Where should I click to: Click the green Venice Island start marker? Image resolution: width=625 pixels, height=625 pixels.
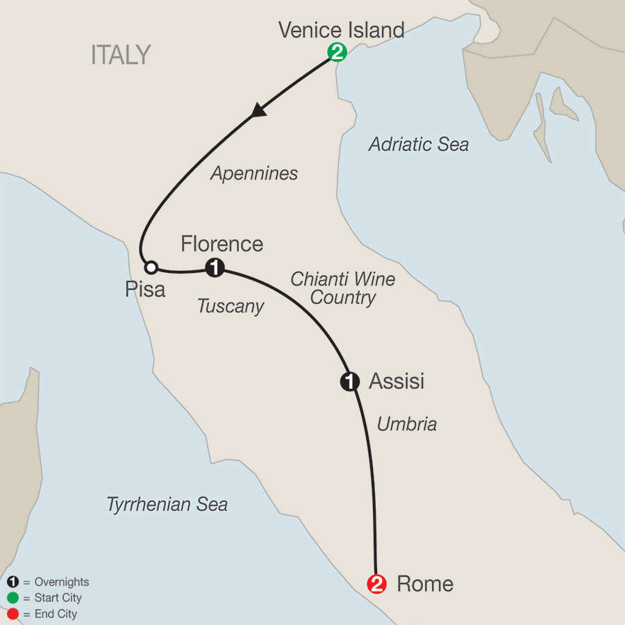point(337,51)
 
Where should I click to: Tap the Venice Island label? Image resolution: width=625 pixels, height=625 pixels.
point(341,30)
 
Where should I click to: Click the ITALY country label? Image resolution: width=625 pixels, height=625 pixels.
point(121,55)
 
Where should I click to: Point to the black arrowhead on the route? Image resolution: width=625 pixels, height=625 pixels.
point(260,110)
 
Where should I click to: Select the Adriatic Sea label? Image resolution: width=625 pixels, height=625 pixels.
point(418,144)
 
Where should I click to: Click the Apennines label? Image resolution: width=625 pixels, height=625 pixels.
point(253,174)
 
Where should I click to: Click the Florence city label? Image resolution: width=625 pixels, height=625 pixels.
point(222,244)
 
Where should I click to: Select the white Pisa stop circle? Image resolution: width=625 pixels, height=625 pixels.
point(150,267)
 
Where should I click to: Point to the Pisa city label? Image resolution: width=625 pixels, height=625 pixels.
point(145,289)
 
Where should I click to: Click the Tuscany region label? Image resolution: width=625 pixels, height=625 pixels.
point(231,306)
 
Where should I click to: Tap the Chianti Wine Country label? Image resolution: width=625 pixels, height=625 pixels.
point(343,288)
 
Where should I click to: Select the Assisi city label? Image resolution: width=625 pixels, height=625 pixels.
point(397,381)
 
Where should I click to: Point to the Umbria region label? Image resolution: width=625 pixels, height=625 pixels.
point(406,424)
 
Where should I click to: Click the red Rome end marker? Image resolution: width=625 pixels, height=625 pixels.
point(377,584)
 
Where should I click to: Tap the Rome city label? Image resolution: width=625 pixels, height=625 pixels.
point(424,584)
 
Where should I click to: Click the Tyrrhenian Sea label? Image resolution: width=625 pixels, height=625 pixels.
point(167,505)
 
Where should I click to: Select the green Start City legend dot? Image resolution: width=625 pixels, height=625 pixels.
point(12,598)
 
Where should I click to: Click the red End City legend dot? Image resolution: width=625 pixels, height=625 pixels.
point(12,614)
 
